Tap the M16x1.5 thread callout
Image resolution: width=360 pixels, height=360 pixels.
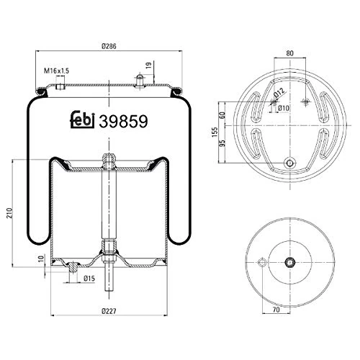tap(56, 70)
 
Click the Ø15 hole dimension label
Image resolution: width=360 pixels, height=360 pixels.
tap(89, 278)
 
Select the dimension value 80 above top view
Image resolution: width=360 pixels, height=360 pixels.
tap(289, 53)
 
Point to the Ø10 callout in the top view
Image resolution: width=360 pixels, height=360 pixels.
tap(284, 109)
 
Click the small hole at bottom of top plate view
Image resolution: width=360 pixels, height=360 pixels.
tap(289, 163)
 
